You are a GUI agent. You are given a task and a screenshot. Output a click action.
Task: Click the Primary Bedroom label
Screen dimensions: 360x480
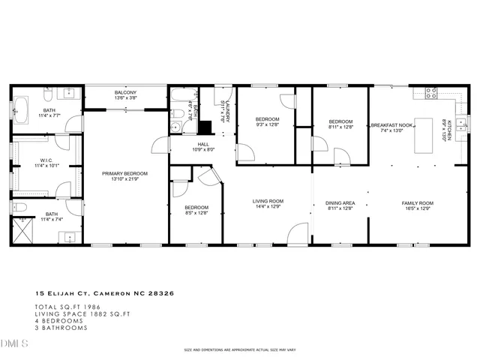(124, 174)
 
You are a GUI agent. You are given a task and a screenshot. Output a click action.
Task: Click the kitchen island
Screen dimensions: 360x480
(426, 135)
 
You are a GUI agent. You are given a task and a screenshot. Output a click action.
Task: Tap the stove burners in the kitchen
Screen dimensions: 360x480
(432, 94)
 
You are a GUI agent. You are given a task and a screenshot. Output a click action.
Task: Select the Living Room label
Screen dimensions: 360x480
(267, 200)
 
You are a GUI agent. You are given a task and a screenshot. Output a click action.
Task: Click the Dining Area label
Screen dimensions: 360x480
(339, 202)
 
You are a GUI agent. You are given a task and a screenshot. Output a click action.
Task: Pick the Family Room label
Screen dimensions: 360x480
(417, 202)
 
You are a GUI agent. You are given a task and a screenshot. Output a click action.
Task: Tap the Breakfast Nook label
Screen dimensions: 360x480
(391, 125)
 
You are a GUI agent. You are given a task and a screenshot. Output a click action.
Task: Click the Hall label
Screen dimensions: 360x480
(203, 144)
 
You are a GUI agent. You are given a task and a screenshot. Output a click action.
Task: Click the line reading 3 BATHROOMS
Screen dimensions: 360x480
(58, 327)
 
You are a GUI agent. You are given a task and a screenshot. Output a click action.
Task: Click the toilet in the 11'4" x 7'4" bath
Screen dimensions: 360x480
(20, 208)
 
